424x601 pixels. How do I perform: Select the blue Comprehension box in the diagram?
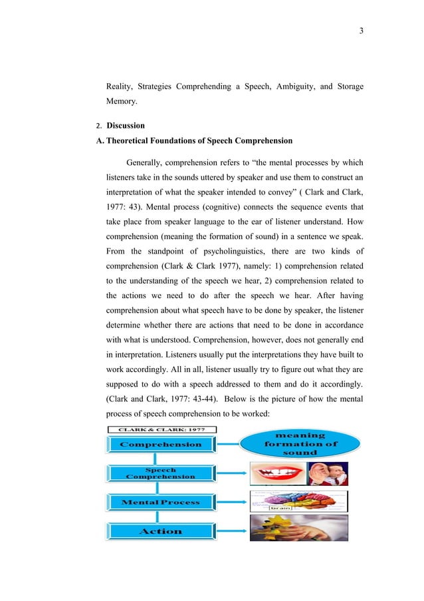(161, 445)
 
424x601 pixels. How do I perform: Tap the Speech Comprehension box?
(161, 473)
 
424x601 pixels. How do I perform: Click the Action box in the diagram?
(161, 531)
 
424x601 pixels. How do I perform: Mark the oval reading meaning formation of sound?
(301, 444)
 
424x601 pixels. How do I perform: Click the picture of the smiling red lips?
(277, 474)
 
